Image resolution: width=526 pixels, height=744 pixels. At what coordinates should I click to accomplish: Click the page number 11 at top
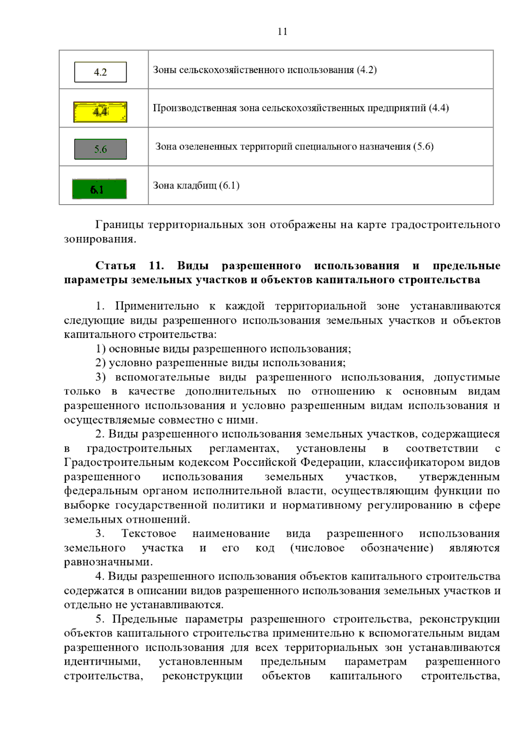point(282,32)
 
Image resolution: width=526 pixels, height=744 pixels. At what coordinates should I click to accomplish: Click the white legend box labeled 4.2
point(100,72)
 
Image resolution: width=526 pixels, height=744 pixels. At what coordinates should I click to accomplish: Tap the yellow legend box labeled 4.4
point(100,112)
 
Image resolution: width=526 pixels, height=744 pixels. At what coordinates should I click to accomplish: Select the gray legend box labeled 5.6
point(100,149)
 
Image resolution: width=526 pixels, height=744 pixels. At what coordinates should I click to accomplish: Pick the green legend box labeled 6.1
point(100,189)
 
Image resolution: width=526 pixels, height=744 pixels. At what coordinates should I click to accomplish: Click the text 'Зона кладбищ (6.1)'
point(196,185)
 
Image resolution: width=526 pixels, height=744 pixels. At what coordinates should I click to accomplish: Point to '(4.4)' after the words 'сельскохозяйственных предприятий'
point(438,108)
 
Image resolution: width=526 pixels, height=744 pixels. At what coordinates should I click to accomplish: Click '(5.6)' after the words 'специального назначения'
point(423,146)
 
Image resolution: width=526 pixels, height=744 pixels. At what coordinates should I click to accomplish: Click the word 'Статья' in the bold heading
point(116,266)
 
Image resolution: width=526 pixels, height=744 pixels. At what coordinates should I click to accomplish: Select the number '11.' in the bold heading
point(156,266)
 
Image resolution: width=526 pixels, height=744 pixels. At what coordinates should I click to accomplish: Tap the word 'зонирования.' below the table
point(100,239)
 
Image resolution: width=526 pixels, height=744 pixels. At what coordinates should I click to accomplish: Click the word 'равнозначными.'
point(108,562)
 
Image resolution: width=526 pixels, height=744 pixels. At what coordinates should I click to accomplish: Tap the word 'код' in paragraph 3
point(265,548)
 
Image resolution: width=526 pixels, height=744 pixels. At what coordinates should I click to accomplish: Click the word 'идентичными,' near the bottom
point(102,662)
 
